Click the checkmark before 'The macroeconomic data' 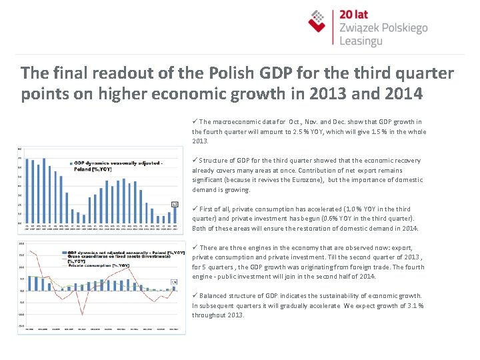click(195, 121)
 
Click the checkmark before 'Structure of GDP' click(195, 161)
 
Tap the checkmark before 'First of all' click(195, 209)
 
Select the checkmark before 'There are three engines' click(195, 247)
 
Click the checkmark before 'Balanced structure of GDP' click(195, 295)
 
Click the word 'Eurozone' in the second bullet click(303, 180)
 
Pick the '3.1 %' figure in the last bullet click(415, 305)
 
